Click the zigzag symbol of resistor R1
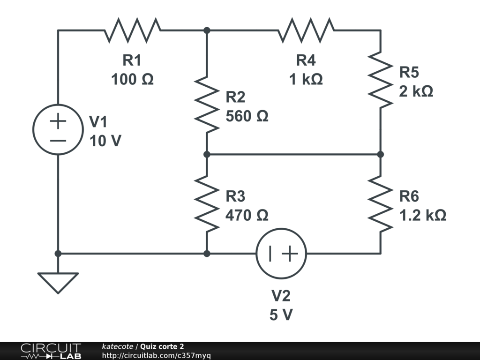(132, 30)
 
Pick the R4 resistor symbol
(306, 30)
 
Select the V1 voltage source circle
(58, 129)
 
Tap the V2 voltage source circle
(281, 254)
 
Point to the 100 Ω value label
(132, 80)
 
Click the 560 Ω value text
(247, 116)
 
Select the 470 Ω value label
(247, 215)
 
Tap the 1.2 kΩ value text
(422, 215)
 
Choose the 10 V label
(105, 141)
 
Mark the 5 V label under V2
(281, 315)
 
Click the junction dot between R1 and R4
(207, 30)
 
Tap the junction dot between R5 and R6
(380, 154)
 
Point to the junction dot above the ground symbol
(58, 254)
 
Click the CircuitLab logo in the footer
(50, 351)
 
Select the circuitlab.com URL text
(156, 356)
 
